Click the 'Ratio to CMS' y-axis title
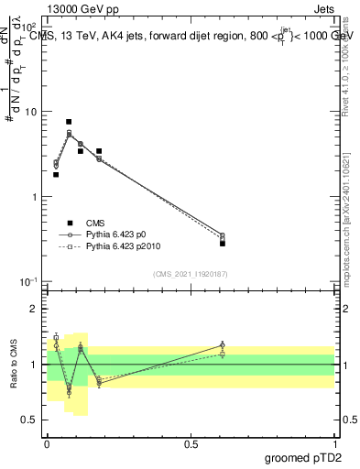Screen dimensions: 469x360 (x=14, y=365)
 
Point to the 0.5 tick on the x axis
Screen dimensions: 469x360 (x=191, y=442)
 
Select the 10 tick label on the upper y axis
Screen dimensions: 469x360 (x=31, y=112)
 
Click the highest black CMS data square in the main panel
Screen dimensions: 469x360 (x=69, y=122)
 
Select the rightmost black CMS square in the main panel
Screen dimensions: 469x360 (x=223, y=243)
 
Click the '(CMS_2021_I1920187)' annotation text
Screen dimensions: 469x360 (x=190, y=273)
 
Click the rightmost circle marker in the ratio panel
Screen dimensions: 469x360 (x=223, y=345)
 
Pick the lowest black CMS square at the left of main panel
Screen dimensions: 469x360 (x=56, y=174)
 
